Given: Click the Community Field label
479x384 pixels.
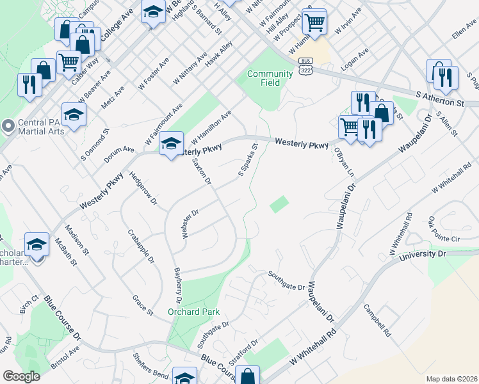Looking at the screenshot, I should click(x=270, y=78).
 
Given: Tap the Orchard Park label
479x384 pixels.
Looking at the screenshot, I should click(x=193, y=312).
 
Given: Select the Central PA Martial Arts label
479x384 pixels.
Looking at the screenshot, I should click(x=29, y=129).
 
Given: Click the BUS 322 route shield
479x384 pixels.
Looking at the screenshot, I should click(x=305, y=64).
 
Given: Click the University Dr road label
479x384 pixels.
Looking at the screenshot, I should click(x=422, y=255).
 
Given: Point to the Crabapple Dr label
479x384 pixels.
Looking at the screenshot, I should click(x=141, y=246).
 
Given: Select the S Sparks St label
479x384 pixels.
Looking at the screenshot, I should click(x=248, y=160).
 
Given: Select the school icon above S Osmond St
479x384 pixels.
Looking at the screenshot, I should click(x=74, y=115).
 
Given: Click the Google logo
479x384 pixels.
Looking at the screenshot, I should click(x=21, y=376).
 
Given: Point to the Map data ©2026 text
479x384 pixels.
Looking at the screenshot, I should click(x=451, y=379).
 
